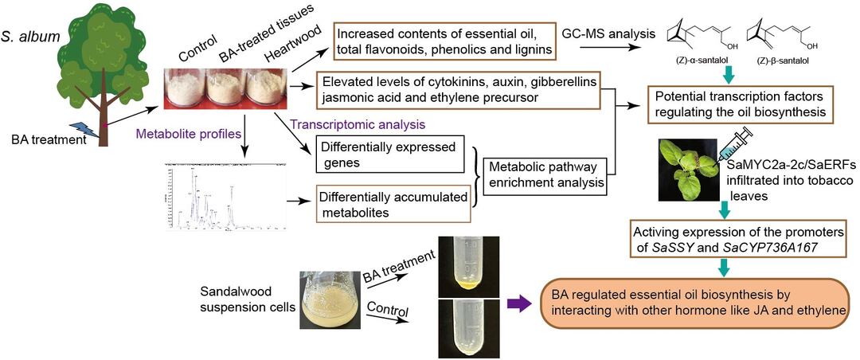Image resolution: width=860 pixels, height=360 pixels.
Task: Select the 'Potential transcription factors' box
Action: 740,104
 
